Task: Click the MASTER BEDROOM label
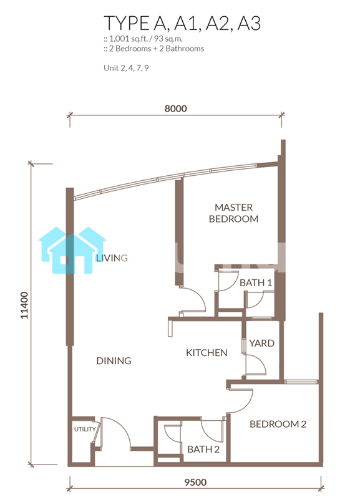(233, 213)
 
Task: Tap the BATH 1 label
(256, 282)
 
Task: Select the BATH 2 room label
(203, 450)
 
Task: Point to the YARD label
(261, 343)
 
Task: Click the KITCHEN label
(207, 353)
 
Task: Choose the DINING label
(114, 360)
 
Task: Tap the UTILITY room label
(85, 429)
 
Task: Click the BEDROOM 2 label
(278, 424)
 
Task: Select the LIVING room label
(112, 258)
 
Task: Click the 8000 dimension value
(175, 108)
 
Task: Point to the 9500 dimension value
(196, 482)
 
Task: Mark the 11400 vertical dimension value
(24, 305)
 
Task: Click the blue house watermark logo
(72, 251)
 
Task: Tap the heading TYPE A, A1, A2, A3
(182, 23)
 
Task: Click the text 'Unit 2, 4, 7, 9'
(126, 68)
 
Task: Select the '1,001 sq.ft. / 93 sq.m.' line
(143, 39)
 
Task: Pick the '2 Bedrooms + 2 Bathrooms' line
(154, 49)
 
